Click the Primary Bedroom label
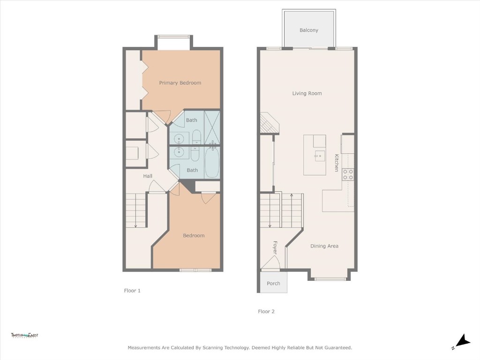(x=180, y=83)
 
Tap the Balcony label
(x=309, y=30)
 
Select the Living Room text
(x=307, y=93)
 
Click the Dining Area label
(x=324, y=246)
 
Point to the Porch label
(x=273, y=284)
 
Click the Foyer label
(x=275, y=247)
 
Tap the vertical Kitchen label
(x=336, y=163)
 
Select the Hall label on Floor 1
(x=148, y=176)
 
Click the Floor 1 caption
(x=132, y=291)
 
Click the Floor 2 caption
(x=266, y=311)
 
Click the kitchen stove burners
(x=348, y=174)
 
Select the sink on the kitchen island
(x=320, y=156)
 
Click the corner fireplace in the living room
(x=270, y=123)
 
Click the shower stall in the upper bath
(x=212, y=127)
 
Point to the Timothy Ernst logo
(x=24, y=335)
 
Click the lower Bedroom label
(x=194, y=236)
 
